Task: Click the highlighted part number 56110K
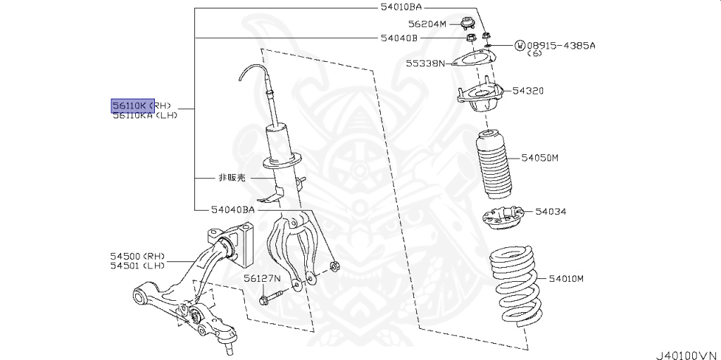tap(130, 106)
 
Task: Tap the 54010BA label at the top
tap(401, 7)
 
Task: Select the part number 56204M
tap(428, 23)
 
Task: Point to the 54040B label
tap(399, 37)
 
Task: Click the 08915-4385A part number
tap(560, 45)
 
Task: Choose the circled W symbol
tap(520, 45)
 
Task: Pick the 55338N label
tap(425, 63)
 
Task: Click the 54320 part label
tap(528, 91)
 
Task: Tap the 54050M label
tap(539, 158)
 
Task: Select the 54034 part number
tap(551, 211)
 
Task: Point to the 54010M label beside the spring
tap(566, 279)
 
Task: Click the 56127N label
tap(263, 278)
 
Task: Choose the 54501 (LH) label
tap(137, 266)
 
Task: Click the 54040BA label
tap(232, 209)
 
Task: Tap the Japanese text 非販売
tap(231, 178)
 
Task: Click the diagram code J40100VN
tap(686, 354)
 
